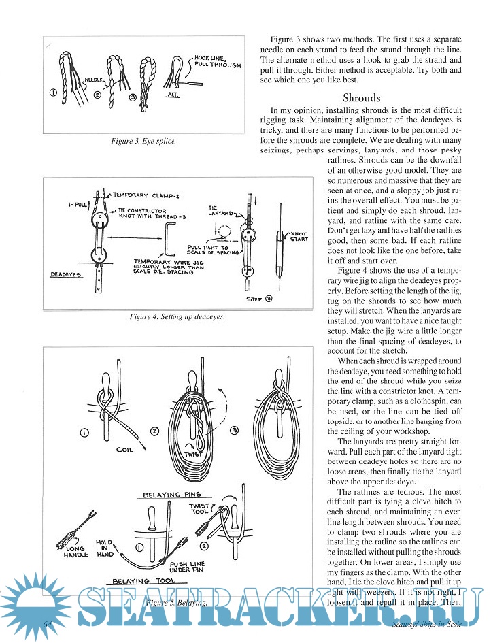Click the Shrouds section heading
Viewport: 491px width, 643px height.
tap(362, 97)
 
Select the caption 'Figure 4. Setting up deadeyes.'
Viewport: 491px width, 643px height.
tap(177, 317)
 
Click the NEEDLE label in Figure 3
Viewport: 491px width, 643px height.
tap(95, 80)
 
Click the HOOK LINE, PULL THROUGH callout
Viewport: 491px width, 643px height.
tap(217, 62)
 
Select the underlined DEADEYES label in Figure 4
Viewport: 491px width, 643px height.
tap(67, 275)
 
